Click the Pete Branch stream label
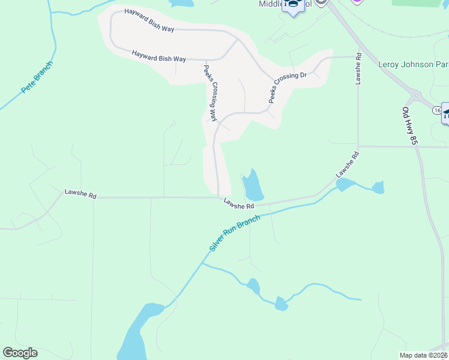[x=37, y=77]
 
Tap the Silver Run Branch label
[x=235, y=233]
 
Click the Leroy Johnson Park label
[x=413, y=64]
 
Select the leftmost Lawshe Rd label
[x=80, y=194]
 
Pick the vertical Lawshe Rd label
[x=358, y=68]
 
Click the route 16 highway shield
[x=436, y=110]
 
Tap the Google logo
[x=20, y=353]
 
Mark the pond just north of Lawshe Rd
[x=252, y=185]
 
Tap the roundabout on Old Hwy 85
[x=415, y=95]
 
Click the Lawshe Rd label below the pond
[x=239, y=204]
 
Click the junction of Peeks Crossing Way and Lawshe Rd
[x=218, y=196]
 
